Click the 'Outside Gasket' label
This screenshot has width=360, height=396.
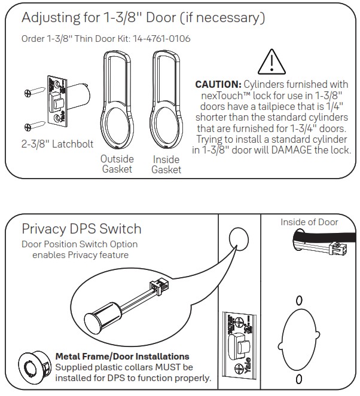(x=117, y=164)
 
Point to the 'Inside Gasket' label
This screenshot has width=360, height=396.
(x=166, y=165)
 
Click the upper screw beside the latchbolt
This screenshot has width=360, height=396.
(x=29, y=93)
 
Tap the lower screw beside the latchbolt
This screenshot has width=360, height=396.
(x=29, y=126)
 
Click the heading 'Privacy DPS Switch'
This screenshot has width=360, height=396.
(x=81, y=229)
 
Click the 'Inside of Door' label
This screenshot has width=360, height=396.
(x=309, y=222)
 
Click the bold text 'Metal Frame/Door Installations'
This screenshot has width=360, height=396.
(x=122, y=357)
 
